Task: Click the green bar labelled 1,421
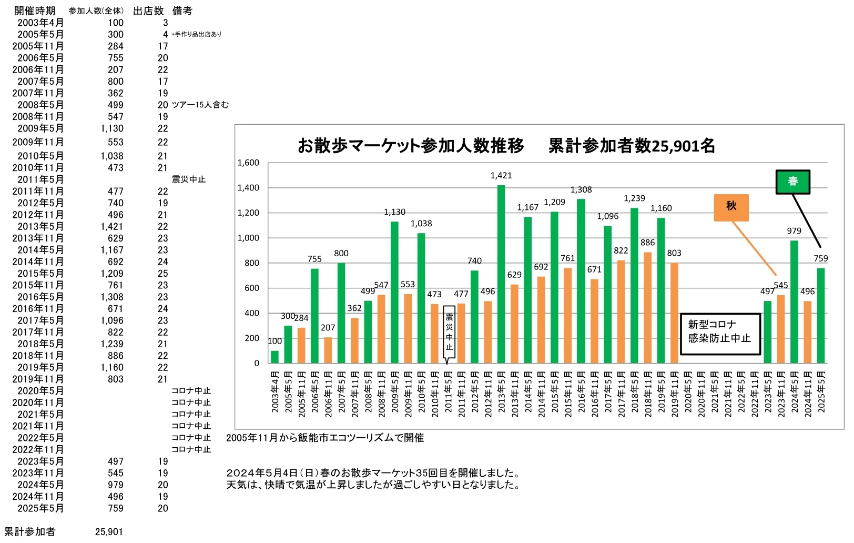tap(501, 274)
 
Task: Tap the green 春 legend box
tap(792, 182)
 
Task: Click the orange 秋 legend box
tap(731, 207)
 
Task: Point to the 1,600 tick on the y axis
tap(248, 163)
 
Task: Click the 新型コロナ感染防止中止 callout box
tap(720, 333)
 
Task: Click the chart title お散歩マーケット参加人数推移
tap(411, 146)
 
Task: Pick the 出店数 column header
tap(148, 11)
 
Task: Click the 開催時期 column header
tap(35, 11)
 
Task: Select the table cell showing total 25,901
tap(109, 532)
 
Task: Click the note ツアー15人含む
tap(200, 105)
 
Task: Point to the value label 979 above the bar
tap(794, 231)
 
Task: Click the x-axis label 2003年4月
tap(275, 392)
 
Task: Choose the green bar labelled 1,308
tap(581, 281)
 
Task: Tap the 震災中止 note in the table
tap(189, 179)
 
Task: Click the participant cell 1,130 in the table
tap(112, 129)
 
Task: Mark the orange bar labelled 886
tap(648, 308)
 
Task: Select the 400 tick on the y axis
tap(252, 313)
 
